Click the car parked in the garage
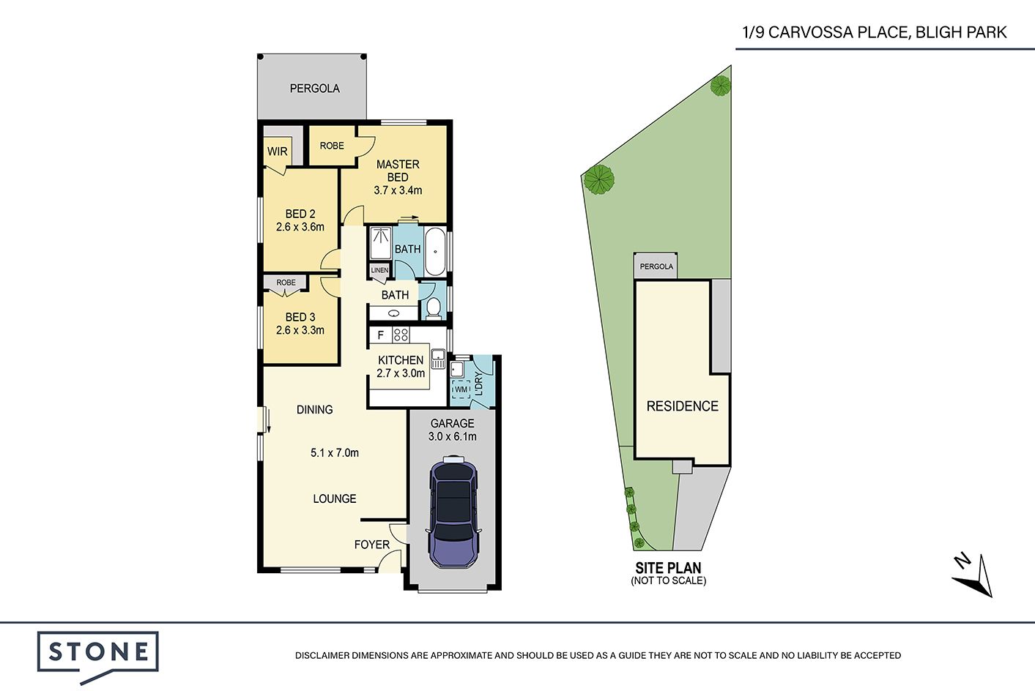tap(453, 512)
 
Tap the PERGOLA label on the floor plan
tap(315, 88)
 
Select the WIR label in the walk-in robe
tap(277, 152)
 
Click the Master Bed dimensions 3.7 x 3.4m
tap(398, 190)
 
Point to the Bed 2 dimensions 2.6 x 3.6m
tap(300, 227)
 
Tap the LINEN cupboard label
tap(380, 270)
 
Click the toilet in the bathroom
tap(434, 308)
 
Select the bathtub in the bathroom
tap(435, 252)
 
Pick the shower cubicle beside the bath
tap(381, 242)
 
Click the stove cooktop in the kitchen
tap(401, 335)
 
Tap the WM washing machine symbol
tap(461, 389)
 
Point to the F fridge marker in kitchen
tap(381, 335)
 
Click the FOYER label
tap(372, 545)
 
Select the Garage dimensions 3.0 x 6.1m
tap(453, 437)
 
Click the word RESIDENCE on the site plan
tap(683, 406)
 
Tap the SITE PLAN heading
tap(668, 568)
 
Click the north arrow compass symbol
tap(973, 576)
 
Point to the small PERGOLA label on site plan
tap(656, 266)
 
